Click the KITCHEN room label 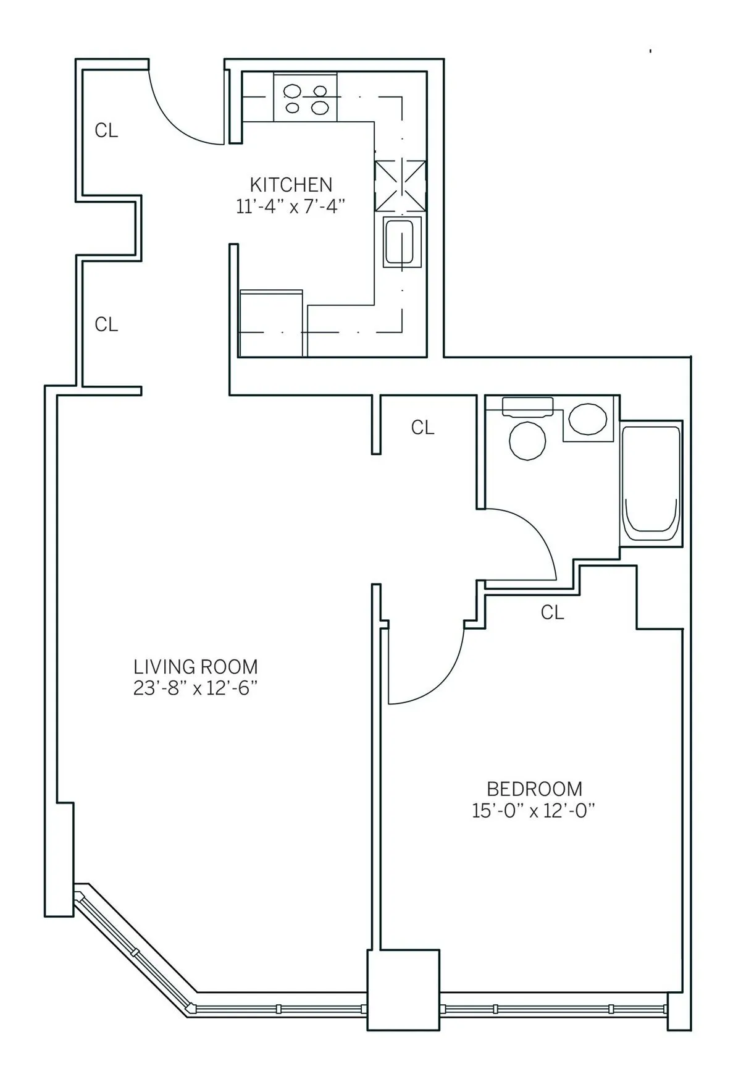click(x=291, y=184)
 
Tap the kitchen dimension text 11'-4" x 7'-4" click(x=290, y=206)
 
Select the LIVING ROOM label click(x=196, y=667)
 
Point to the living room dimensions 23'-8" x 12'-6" click(x=195, y=688)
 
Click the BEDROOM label click(x=534, y=789)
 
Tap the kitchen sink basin click(x=401, y=242)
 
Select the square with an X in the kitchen click(x=401, y=185)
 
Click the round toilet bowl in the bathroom click(x=527, y=441)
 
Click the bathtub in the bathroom click(x=651, y=483)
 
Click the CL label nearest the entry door click(x=106, y=131)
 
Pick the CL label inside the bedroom click(x=552, y=612)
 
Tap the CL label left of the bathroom click(x=423, y=428)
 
